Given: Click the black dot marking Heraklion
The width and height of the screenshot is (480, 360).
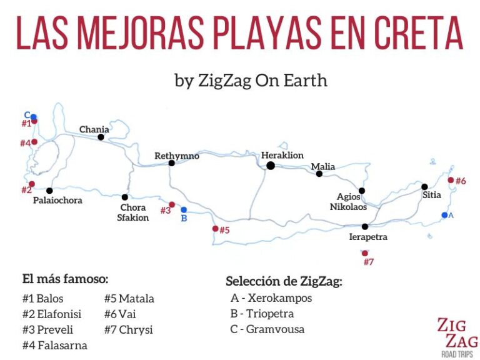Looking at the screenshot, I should coord(271,166).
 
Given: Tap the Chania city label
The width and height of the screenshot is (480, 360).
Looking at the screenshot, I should coord(94,130).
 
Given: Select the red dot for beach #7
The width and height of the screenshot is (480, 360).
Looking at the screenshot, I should coord(365,253).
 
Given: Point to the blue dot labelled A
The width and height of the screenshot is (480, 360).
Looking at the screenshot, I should coord(444,215).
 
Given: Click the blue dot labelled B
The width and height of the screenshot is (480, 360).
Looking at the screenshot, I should coord(184,210).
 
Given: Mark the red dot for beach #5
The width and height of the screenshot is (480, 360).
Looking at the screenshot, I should coord(216,229).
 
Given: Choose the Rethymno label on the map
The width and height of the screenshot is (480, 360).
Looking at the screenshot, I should coord(177,156).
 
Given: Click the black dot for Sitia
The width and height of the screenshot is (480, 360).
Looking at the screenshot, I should coord(424,186).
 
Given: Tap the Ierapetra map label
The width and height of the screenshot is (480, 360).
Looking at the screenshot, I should coord(368,237).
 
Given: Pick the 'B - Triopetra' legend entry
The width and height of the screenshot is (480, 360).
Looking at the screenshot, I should coord(262,313).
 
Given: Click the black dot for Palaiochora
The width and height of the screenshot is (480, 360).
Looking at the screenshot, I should coord(49,190).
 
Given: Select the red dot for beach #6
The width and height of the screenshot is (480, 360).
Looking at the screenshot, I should coord(451,180).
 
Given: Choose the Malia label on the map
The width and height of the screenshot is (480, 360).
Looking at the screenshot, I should coord(323,167).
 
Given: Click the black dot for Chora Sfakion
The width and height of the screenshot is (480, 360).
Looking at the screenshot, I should coord(125,197).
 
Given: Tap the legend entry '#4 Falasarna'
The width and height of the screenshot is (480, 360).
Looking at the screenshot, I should coord(55,345).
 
